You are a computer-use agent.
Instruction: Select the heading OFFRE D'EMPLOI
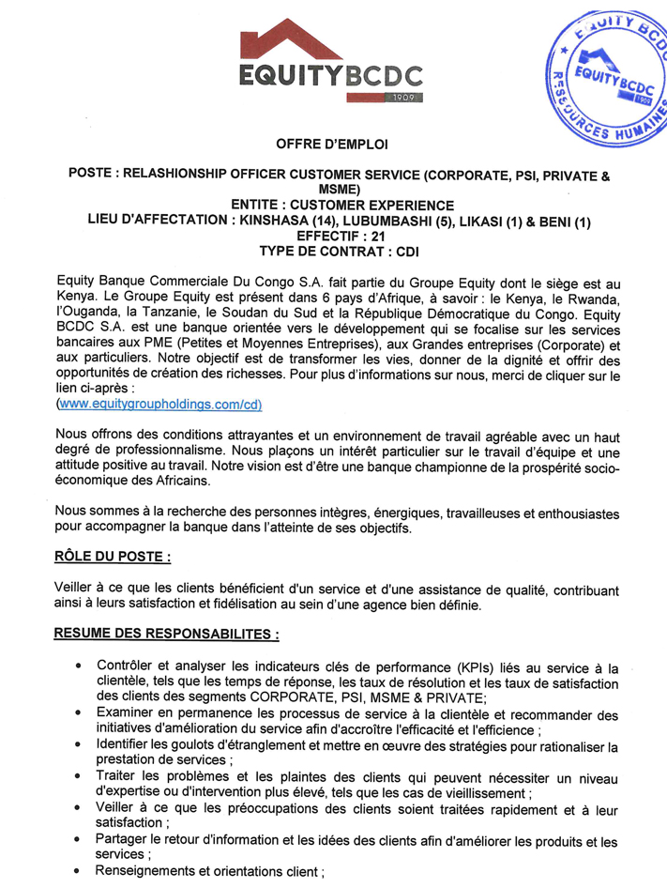332,145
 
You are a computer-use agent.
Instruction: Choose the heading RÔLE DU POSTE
113,557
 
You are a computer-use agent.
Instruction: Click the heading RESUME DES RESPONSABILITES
168,635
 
